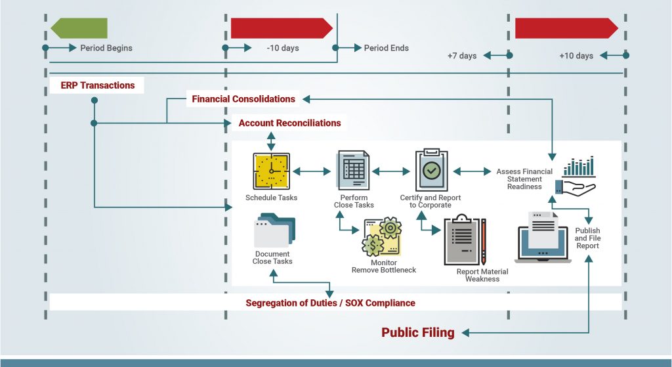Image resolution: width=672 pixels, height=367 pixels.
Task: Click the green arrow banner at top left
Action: tap(79, 28)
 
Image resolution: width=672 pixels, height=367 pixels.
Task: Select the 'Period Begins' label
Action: tap(106, 48)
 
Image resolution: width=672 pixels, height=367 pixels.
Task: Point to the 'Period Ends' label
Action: tap(386, 48)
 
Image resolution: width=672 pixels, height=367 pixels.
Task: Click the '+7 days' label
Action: tap(462, 56)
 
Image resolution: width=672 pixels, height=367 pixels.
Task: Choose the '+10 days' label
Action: tap(576, 56)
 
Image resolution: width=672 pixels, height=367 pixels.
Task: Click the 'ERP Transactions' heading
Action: tap(97, 85)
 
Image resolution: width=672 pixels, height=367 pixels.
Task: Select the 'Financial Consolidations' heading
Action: tap(243, 99)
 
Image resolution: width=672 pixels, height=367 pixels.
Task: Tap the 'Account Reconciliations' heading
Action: tap(289, 123)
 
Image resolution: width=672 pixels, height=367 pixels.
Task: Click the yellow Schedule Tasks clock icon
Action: tap(271, 171)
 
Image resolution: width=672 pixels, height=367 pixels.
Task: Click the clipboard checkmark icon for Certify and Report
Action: tap(431, 169)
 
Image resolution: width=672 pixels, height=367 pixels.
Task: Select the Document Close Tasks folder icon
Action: tap(274, 230)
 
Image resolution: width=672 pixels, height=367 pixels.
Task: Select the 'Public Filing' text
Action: tap(418, 332)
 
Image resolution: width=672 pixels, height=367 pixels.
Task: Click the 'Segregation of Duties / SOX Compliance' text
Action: tap(330, 303)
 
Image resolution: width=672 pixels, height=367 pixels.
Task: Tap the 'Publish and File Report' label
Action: tap(587, 238)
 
